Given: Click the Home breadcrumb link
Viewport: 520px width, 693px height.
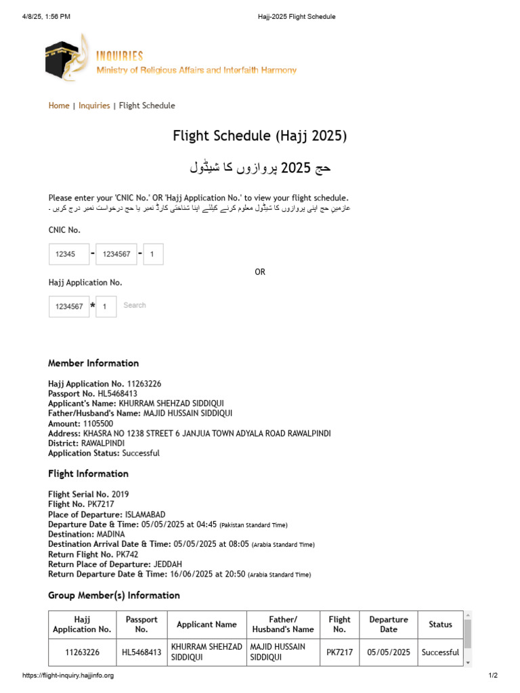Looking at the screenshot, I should (59, 106).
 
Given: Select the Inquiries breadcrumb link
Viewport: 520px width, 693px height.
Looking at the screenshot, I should (94, 106).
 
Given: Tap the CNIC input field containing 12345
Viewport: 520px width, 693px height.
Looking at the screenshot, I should (69, 254).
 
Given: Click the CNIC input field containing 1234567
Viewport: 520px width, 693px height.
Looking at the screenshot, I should (116, 254).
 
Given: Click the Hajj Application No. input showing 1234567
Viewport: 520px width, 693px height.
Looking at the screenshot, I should (69, 307).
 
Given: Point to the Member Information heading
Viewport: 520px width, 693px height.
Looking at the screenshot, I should (93, 363).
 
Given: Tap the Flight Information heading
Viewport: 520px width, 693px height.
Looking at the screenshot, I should (88, 474).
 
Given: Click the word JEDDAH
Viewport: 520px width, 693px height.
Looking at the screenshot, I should (169, 564).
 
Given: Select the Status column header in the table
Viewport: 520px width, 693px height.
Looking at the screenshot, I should (440, 625).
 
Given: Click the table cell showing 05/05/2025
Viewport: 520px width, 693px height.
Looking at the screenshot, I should (389, 652).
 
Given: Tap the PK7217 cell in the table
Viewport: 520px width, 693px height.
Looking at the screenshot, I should (339, 652).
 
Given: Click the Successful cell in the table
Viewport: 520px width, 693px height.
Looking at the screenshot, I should (440, 652).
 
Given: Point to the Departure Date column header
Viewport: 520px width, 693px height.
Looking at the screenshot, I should (389, 625).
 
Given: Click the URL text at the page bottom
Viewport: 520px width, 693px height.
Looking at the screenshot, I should (68, 675).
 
